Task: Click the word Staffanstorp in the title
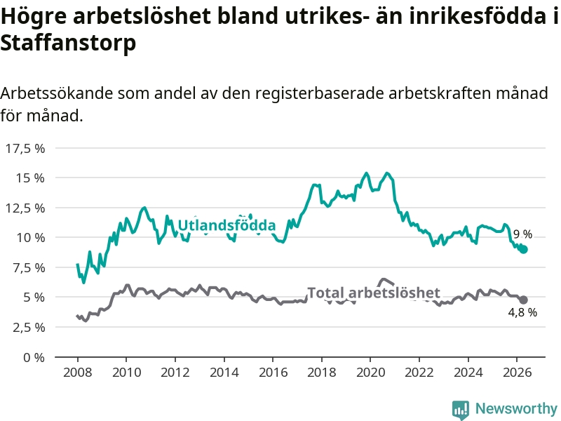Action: (x=68, y=44)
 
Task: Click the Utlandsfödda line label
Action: (x=227, y=225)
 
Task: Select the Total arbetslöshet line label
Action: (x=374, y=293)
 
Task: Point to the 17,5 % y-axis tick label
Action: (x=25, y=149)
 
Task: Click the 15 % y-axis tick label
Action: (x=30, y=178)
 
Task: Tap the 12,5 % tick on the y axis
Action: (x=25, y=208)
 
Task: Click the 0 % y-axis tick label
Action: (x=34, y=358)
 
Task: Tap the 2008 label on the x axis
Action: (x=78, y=373)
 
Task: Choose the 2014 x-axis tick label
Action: (x=224, y=373)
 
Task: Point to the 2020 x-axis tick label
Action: (x=370, y=373)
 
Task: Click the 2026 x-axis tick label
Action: (x=517, y=373)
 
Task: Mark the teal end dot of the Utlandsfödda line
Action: (x=524, y=250)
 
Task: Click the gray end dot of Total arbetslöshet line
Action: (x=523, y=300)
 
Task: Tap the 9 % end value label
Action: (x=522, y=234)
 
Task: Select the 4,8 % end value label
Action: (x=522, y=312)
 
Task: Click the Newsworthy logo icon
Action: (x=461, y=410)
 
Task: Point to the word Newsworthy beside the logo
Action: (x=516, y=408)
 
